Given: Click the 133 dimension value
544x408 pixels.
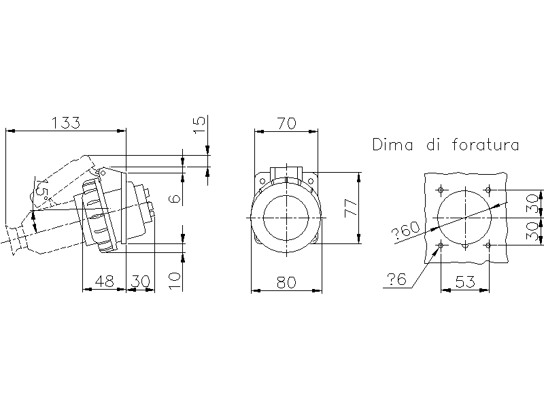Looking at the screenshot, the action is pos(66,123).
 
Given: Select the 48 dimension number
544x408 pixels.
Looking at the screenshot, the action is pos(104,282).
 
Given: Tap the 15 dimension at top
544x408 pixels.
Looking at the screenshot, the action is pos(199,125).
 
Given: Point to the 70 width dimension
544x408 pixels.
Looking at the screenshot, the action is pos(286,124).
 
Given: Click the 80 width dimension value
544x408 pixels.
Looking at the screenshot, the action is pos(286,282).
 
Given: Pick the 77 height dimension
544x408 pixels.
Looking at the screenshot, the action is pos(351,208).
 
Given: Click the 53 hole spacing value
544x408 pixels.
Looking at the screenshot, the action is pos(465,282).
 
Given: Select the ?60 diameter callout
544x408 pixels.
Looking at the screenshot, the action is pos(405,231).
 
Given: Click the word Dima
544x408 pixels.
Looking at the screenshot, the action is pos(393,145).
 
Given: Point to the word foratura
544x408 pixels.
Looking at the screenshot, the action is pos(486,145).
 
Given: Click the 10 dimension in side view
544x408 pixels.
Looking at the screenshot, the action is pos(175,280).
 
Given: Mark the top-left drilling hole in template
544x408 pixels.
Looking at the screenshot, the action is pos(441,190).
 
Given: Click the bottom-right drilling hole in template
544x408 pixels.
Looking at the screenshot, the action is pos(488,245).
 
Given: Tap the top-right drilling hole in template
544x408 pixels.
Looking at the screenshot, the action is pos(488,190).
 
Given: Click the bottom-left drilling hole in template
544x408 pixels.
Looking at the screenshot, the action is pos(441,245).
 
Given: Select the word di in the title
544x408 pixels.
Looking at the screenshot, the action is pos(433,145).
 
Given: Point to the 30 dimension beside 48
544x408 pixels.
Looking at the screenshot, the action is pos(140,282).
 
